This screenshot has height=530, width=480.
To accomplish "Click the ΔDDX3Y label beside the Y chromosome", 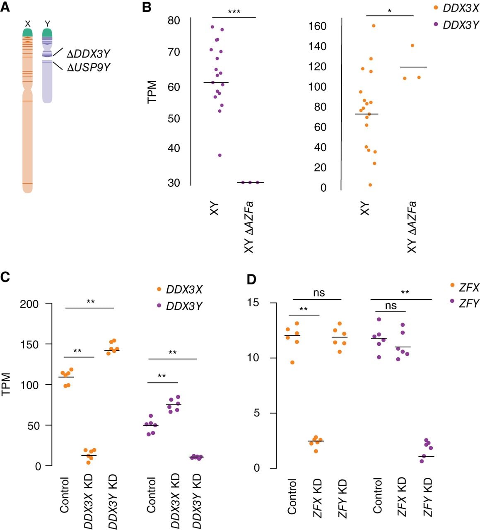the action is tap(88, 54).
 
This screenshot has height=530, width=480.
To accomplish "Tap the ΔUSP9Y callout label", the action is tap(88, 67).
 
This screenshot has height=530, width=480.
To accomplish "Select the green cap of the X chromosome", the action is tap(27, 32).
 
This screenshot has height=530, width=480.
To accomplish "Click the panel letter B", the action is tap(147, 7).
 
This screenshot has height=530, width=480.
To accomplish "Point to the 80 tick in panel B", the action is tap(174, 20).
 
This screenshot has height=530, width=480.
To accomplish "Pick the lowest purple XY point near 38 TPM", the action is tap(219, 155).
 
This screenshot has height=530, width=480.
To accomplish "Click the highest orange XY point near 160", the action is tap(374, 26).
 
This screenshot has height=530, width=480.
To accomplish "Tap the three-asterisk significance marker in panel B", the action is tap(234, 12).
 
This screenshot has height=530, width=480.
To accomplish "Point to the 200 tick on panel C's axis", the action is tap(29, 304).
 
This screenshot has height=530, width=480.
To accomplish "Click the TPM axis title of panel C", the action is tap(6, 384).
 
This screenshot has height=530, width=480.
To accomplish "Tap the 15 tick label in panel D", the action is tap(253, 302).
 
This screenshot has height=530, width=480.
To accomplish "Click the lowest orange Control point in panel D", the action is tap(292, 362).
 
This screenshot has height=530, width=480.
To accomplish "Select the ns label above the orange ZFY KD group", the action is tap(319, 293).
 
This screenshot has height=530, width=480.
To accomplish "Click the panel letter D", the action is tap(251, 279).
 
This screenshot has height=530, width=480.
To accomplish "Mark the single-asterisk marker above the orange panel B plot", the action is tap(390, 11).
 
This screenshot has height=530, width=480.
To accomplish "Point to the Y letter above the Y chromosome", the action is tap(47, 24).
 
